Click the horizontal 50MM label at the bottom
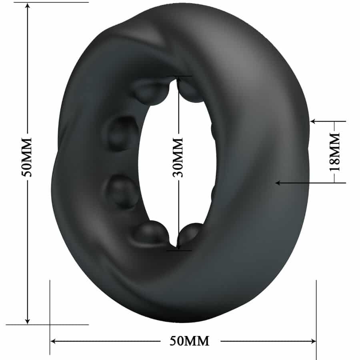pyautogui.click(x=189, y=341)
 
